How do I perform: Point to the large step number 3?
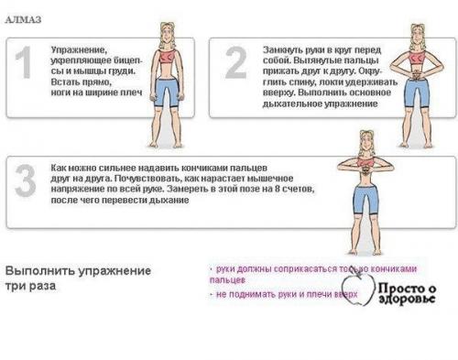26,184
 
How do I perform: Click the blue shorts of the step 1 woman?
167,92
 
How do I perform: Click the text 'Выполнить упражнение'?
78,272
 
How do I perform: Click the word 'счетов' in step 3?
298,190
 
